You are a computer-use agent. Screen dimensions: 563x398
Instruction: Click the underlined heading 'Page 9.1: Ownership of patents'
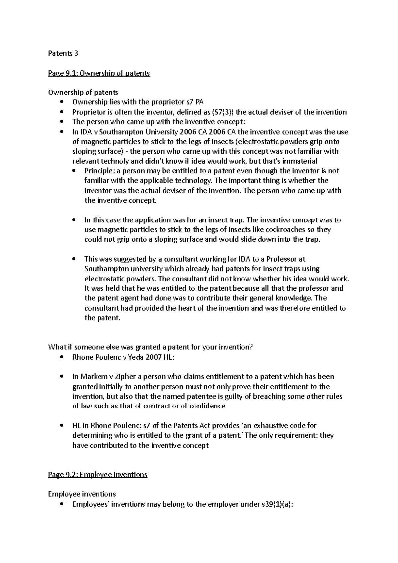point(99,73)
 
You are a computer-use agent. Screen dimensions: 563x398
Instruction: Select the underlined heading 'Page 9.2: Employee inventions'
point(98,474)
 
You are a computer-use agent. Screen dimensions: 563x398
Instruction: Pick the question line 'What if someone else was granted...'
point(151,347)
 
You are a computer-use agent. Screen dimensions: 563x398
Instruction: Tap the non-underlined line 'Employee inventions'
point(82,494)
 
